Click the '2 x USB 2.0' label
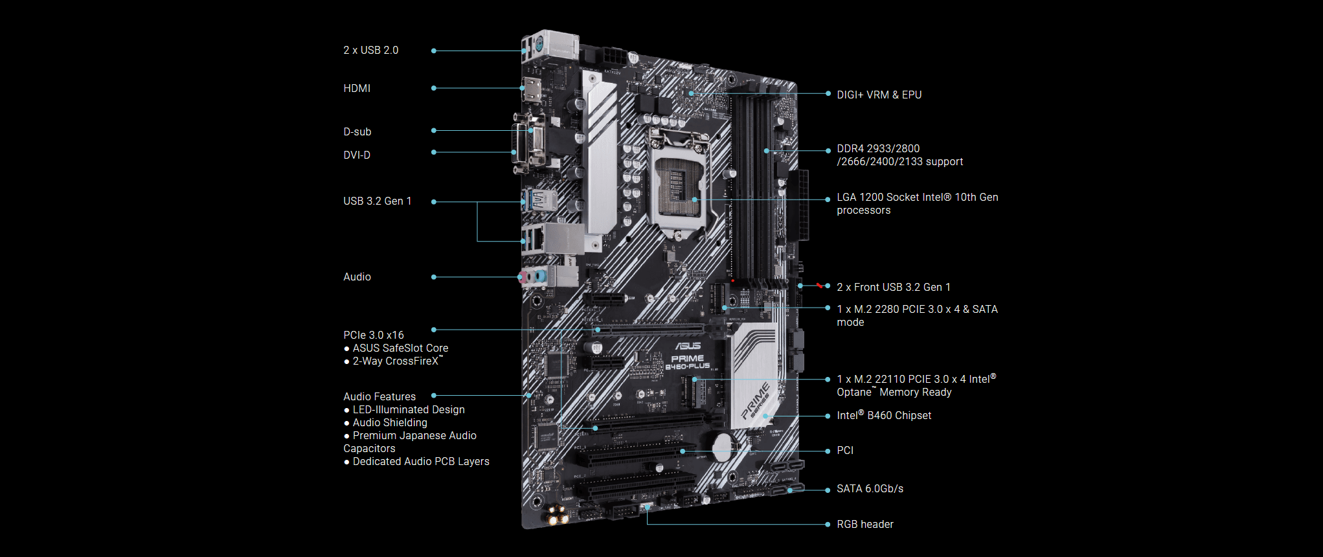[x=370, y=51]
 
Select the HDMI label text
[x=357, y=89]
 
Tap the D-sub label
[x=357, y=132]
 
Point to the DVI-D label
[x=357, y=155]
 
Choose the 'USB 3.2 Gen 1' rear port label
[x=377, y=201]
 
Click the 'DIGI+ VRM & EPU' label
[x=879, y=95]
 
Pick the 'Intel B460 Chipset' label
[x=883, y=416]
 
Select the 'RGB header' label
[x=865, y=525]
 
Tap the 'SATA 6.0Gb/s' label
[x=870, y=489]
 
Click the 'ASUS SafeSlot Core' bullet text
[x=400, y=348]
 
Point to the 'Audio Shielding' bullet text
[x=390, y=423]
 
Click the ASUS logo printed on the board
[x=688, y=347]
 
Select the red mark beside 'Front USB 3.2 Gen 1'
[x=820, y=285]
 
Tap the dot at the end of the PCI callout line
[x=828, y=451]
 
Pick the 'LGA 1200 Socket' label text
[x=917, y=198]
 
